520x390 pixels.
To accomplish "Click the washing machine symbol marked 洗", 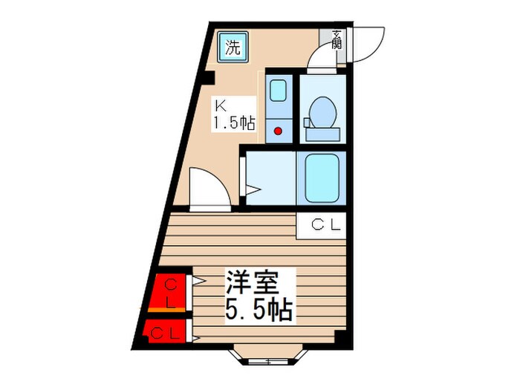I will point(233,48).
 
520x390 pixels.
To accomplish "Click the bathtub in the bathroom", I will point(320,178).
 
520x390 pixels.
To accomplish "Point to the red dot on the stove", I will point(279,132).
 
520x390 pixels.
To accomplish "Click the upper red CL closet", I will point(169,292).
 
